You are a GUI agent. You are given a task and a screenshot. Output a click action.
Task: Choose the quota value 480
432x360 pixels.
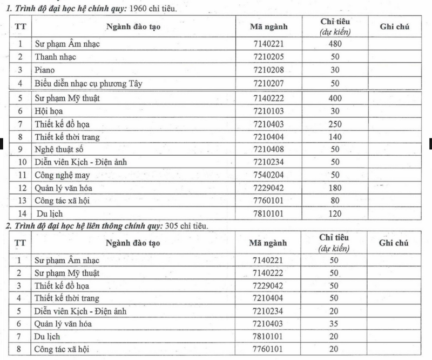pyautogui.click(x=334, y=43)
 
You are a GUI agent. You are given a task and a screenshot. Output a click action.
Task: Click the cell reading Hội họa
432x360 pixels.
pyautogui.click(x=50, y=111)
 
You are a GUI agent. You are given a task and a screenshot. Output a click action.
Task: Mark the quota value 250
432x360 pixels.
pyautogui.click(x=334, y=124)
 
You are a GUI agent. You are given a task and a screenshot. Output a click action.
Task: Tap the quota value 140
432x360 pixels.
pyautogui.click(x=334, y=137)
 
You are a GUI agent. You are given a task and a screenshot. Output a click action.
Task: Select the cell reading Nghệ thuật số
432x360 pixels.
pyautogui.click(x=59, y=150)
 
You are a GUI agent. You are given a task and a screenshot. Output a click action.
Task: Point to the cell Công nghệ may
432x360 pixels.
pyautogui.click(x=63, y=175)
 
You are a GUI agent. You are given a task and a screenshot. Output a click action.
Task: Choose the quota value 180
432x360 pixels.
pyautogui.click(x=334, y=188)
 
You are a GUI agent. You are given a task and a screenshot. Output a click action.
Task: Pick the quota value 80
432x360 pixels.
pyautogui.click(x=334, y=201)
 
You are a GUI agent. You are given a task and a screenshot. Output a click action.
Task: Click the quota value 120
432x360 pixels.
pyautogui.click(x=334, y=214)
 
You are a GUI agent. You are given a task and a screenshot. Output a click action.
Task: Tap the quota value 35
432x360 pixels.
pyautogui.click(x=334, y=324)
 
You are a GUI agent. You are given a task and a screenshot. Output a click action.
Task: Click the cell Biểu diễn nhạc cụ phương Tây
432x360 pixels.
pyautogui.click(x=88, y=83)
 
